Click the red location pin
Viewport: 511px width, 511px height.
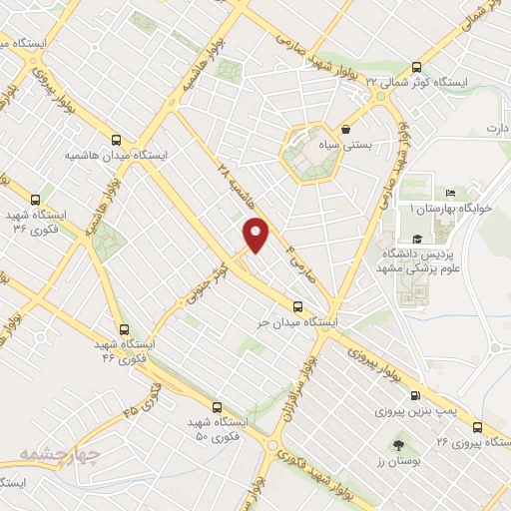click(x=256, y=234)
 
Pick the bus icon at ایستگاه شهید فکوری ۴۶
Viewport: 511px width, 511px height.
click(x=124, y=328)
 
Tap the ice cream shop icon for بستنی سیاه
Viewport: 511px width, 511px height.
click(x=346, y=129)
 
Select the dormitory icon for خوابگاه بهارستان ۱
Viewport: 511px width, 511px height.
click(x=450, y=193)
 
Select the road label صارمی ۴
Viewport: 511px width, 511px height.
click(x=301, y=261)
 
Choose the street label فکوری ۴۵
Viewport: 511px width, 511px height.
click(x=143, y=396)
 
